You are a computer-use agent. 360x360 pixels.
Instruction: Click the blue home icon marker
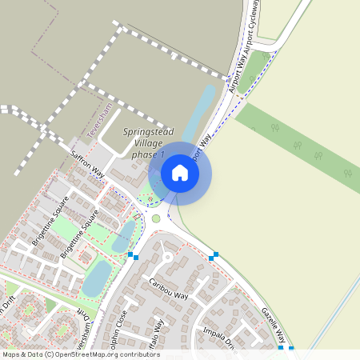(x=180, y=173)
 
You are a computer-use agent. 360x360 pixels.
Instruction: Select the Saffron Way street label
(x=87, y=162)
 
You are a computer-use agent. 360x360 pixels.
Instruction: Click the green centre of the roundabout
(x=156, y=218)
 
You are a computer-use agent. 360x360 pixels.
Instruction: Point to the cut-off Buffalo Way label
(x=158, y=334)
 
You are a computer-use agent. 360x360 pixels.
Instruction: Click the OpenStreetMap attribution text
(x=81, y=354)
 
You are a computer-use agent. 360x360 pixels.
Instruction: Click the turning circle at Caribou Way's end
(x=167, y=258)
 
